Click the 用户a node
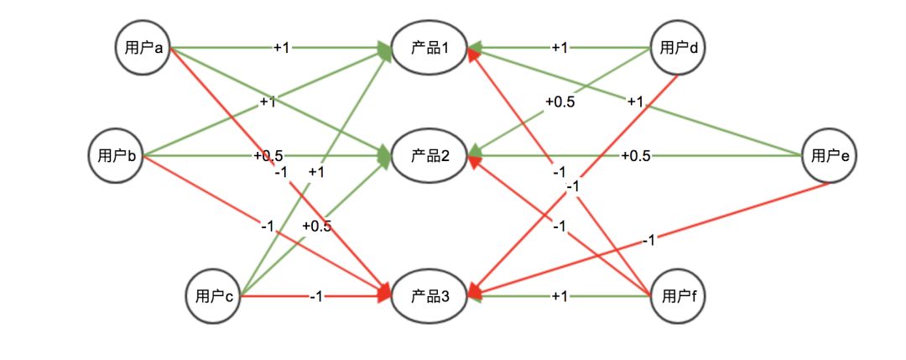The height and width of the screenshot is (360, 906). coord(143,48)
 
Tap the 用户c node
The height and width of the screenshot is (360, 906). coord(213,295)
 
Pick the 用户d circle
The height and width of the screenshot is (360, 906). coord(679,48)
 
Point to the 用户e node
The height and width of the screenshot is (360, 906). coord(829,155)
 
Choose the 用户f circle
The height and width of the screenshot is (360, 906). coord(679,295)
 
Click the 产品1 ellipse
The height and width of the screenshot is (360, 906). coord(431,48)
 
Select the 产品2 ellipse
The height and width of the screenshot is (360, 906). coord(431,155)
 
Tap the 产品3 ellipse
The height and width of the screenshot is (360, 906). coord(431,295)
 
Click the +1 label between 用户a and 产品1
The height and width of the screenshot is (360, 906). coord(281,48)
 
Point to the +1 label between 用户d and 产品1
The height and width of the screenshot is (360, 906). coord(559,48)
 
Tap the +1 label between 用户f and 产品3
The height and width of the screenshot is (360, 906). coord(560,295)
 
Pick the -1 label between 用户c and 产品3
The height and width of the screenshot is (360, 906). coord(316,295)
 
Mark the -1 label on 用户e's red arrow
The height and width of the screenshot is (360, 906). coord(648,242)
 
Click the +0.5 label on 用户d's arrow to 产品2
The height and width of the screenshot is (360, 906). coord(560,102)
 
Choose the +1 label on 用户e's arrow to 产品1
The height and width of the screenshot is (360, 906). coord(634,102)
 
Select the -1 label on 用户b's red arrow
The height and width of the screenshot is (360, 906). coord(268,225)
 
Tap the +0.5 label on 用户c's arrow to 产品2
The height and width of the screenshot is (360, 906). coord(316,227)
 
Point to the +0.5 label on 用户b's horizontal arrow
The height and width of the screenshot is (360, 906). coord(268,155)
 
